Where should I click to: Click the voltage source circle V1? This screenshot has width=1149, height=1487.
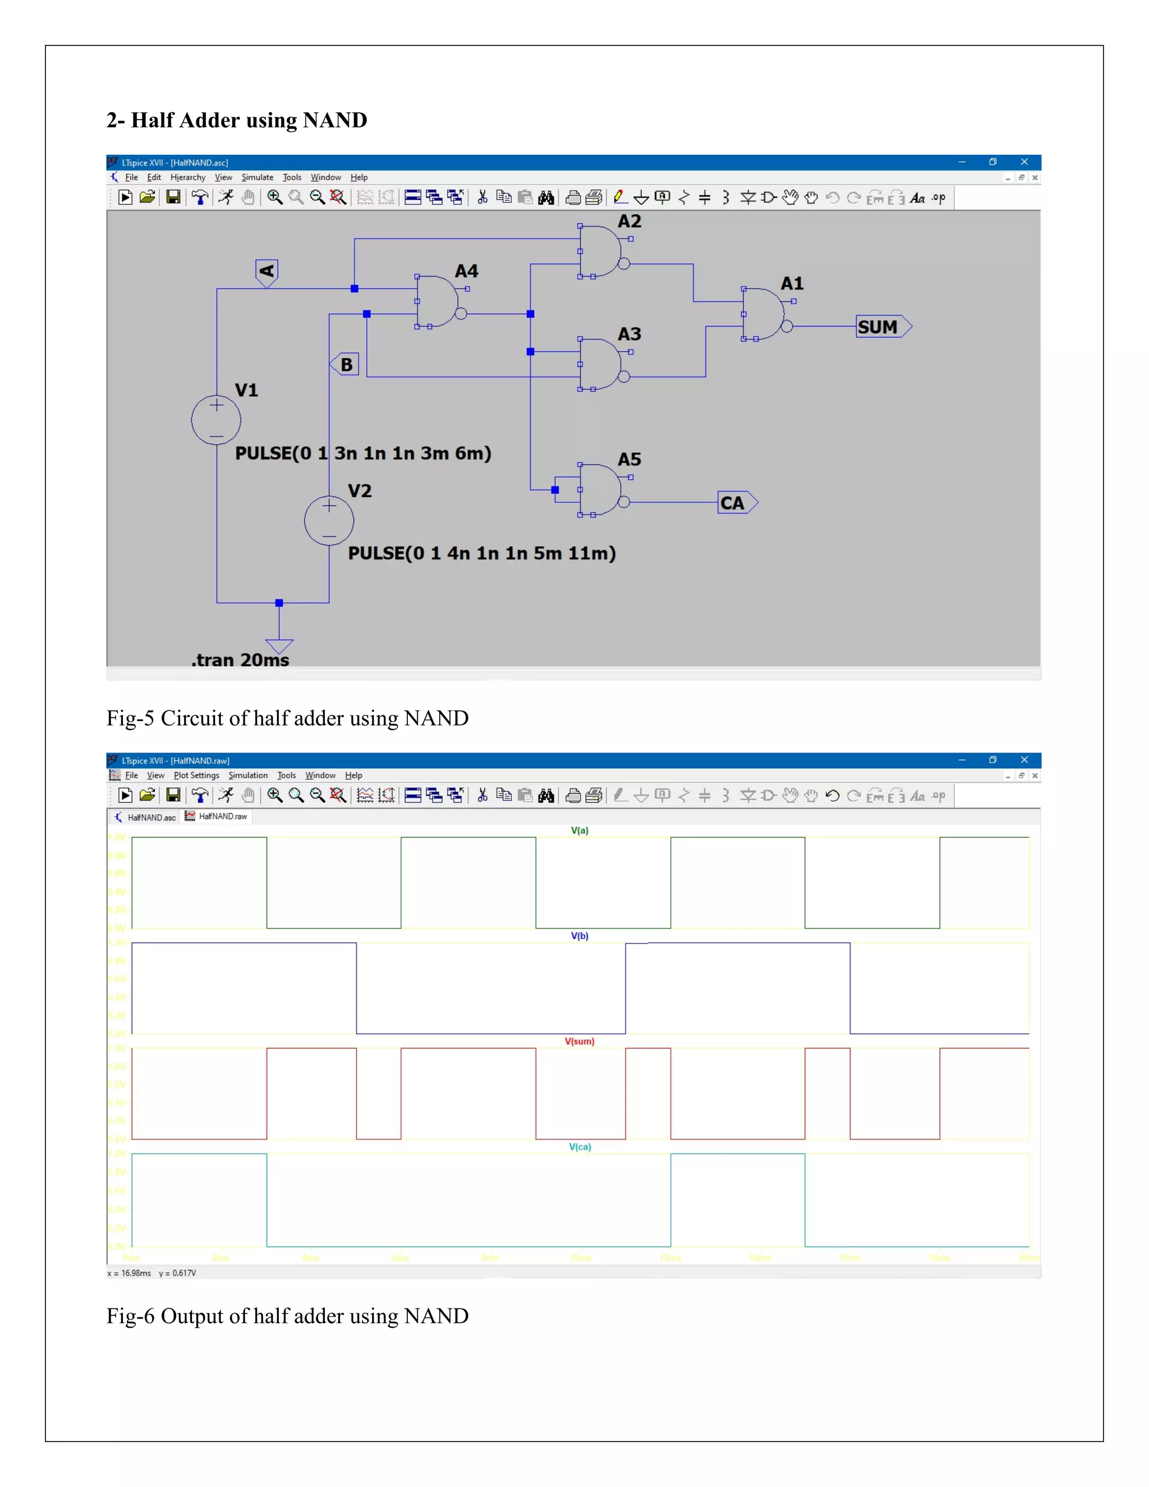[x=216, y=420]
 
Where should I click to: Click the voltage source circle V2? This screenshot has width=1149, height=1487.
[x=329, y=521]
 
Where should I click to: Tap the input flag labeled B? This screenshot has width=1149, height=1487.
[x=345, y=364]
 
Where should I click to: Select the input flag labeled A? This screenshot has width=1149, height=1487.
[x=266, y=272]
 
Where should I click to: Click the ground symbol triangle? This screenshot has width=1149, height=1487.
[x=279, y=645]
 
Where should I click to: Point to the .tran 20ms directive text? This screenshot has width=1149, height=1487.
[x=240, y=660]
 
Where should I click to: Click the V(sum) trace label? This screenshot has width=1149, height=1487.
[x=579, y=1041]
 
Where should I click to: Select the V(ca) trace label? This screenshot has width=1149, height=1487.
[x=579, y=1146]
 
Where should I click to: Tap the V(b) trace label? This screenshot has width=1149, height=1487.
[x=579, y=935]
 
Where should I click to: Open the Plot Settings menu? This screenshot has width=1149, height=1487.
[x=196, y=775]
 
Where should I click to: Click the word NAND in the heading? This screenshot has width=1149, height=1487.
[x=335, y=121]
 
